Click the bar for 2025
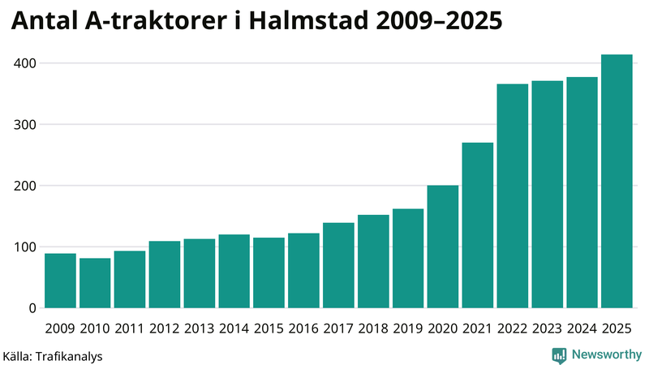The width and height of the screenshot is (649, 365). [x=617, y=182]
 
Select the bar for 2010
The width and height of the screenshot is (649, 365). [x=95, y=283]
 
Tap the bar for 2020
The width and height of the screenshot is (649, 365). [x=443, y=247]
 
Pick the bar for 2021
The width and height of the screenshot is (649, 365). [x=478, y=225]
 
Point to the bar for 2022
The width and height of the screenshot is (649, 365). [x=513, y=196]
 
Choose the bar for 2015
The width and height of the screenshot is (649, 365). [x=269, y=273]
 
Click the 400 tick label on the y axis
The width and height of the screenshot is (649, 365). [x=24, y=63]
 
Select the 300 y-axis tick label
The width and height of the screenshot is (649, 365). [x=24, y=125]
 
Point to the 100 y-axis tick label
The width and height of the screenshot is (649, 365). [x=24, y=247]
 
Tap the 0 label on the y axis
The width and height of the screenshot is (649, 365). [x=32, y=308]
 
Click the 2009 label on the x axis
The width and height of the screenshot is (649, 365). [x=60, y=328]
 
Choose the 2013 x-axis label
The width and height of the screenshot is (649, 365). [x=199, y=328]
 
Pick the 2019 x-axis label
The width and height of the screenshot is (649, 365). [x=408, y=328]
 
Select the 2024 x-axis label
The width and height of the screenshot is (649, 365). [x=582, y=328]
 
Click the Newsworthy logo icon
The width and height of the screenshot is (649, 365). [x=559, y=354]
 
